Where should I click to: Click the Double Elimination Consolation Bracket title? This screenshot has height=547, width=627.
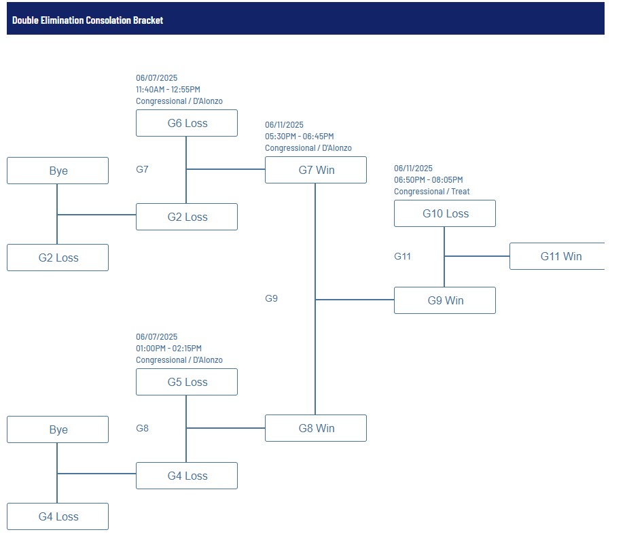coord(88,20)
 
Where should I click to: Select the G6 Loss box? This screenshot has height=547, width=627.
coord(187,123)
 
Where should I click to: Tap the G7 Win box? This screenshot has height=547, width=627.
coord(316,170)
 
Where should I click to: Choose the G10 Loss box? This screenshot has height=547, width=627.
coord(445,213)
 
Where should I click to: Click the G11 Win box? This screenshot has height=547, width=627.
coord(557,256)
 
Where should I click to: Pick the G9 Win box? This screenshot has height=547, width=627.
coord(445,300)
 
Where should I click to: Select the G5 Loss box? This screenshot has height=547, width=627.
coord(187,382)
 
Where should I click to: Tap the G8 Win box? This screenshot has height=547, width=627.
coord(316,428)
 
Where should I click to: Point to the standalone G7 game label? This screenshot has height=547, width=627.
coord(143,170)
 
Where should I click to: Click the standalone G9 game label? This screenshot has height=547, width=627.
coord(272,298)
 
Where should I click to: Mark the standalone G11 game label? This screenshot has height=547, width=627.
coord(402,256)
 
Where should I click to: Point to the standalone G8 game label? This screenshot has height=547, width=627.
coord(143,428)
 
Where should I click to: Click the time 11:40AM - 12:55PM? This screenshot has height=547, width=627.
coord(168,90)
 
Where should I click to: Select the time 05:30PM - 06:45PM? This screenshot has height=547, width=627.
coord(300,137)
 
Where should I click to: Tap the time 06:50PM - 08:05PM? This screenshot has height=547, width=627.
coord(429,180)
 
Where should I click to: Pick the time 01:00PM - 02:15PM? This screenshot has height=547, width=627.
coord(168,349)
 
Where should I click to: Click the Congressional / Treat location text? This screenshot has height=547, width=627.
coord(432,192)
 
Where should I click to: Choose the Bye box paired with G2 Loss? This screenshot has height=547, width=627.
coord(58,171)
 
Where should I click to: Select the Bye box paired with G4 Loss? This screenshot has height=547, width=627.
coord(58,429)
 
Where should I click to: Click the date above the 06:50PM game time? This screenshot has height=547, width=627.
coord(414,169)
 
